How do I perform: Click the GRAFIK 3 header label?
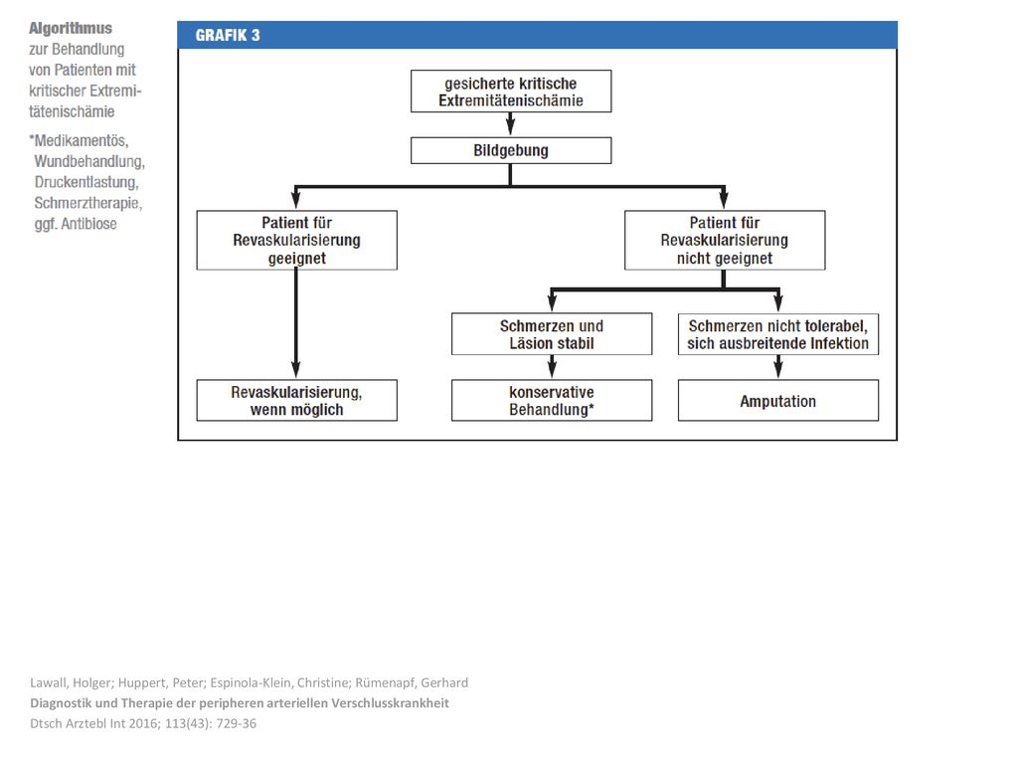[228, 35]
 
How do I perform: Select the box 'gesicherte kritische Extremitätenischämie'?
[511, 91]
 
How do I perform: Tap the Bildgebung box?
[511, 151]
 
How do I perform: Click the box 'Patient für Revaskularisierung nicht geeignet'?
[725, 240]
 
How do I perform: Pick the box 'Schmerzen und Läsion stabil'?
[552, 334]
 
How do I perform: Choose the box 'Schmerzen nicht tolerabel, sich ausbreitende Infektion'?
[778, 334]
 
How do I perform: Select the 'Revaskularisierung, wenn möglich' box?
[296, 400]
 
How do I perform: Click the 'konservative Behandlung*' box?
[552, 400]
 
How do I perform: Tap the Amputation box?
[778, 400]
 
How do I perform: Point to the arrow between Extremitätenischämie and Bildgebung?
[510, 124]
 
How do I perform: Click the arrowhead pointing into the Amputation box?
[778, 370]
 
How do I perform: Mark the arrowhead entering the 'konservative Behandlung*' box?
[552, 370]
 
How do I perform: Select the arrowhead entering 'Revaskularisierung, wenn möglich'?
[296, 370]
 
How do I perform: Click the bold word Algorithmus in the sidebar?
[71, 29]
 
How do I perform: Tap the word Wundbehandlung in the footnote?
[88, 161]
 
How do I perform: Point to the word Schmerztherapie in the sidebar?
[87, 203]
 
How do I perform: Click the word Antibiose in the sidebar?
[88, 224]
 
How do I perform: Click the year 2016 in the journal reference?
[147, 723]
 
